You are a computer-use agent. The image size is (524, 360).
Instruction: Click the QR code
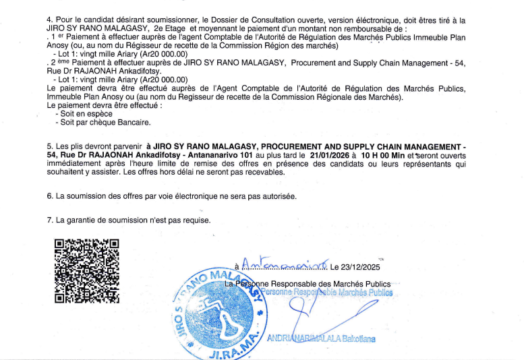tap(86, 271)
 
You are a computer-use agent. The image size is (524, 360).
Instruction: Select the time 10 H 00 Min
tap(385, 154)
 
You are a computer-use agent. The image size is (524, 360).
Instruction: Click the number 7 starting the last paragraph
tap(49, 220)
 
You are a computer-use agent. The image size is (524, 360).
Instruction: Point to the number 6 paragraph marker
tap(49, 196)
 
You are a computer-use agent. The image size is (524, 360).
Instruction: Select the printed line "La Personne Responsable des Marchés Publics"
tap(308, 284)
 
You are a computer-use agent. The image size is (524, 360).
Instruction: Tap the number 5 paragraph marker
tap(49, 146)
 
